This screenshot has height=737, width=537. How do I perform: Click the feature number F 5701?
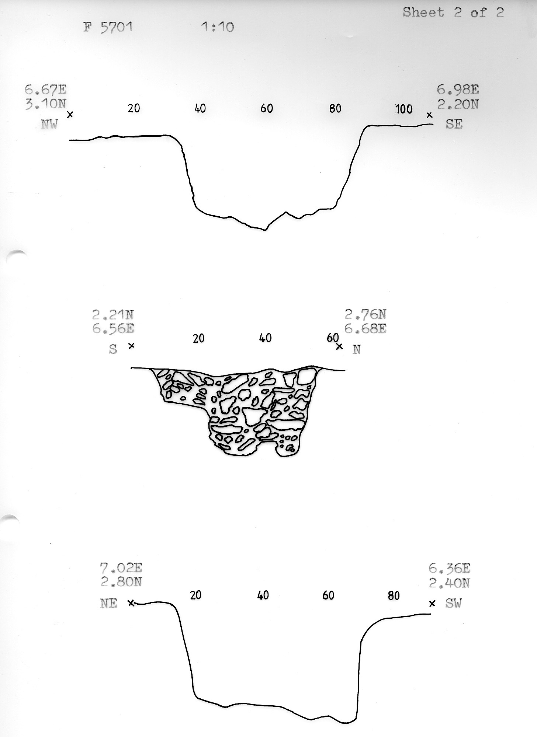(x=108, y=27)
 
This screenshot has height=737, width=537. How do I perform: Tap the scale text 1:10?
(x=218, y=27)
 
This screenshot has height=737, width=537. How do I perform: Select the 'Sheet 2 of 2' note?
(x=453, y=13)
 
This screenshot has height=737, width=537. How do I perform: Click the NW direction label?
(x=49, y=124)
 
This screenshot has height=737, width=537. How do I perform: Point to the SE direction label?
(x=454, y=124)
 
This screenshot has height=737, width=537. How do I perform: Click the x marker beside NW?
(x=70, y=115)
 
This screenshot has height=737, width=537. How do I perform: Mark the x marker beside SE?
(x=429, y=115)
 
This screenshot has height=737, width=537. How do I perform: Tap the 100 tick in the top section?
(x=404, y=109)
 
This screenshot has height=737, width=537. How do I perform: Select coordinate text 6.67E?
(x=46, y=90)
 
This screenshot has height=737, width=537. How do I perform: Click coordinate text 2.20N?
(x=458, y=105)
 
